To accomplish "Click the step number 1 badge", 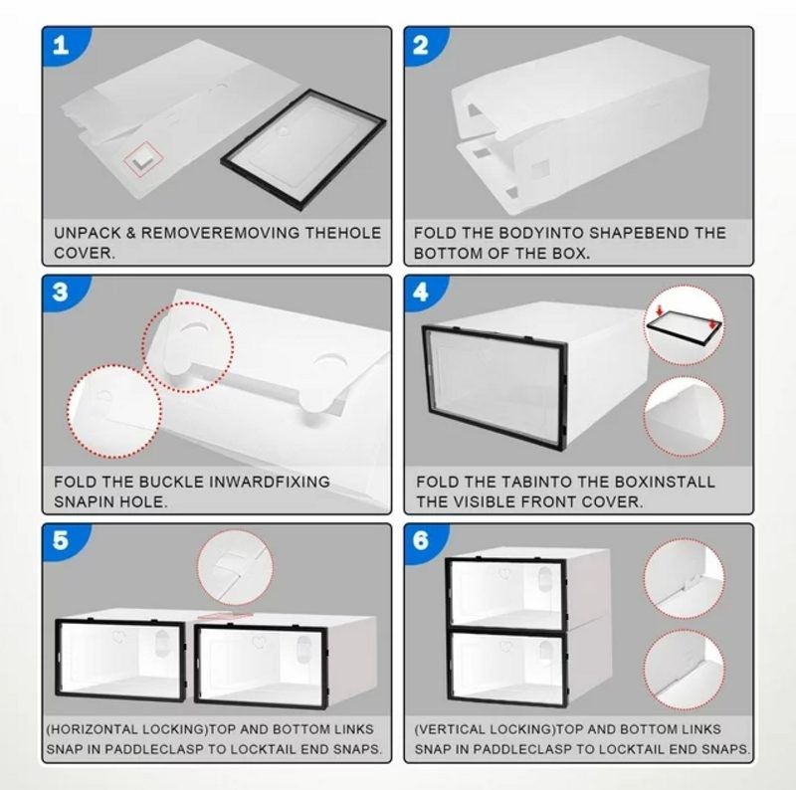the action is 61,46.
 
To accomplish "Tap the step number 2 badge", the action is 421,46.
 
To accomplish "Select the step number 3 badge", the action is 61,293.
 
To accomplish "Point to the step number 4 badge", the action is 421,293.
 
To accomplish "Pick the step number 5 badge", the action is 61,540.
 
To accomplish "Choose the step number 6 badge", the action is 421,540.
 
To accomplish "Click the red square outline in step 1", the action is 143,159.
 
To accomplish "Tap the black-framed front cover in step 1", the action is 303,150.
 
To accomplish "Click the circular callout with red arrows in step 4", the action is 685,325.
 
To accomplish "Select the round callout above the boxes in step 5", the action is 235,567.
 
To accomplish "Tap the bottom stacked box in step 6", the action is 527,668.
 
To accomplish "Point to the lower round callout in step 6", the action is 685,670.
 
